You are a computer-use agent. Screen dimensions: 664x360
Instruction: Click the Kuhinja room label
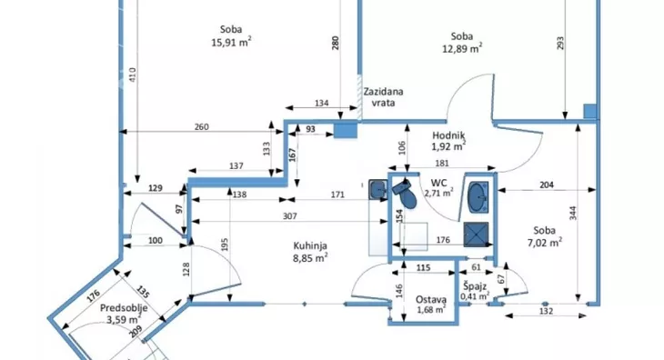tap(310, 245)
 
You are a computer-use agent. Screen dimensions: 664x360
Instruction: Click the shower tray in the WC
tap(476, 235)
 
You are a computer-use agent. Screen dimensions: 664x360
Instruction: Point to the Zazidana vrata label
tap(383, 97)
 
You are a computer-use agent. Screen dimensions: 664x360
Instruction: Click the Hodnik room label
tap(448, 135)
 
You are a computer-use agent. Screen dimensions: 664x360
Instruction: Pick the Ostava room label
tap(430, 299)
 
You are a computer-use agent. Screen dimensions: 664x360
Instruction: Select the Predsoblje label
tap(124, 307)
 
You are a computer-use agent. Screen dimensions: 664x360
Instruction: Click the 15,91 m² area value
tap(231, 43)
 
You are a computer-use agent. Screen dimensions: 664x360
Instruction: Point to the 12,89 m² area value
tap(462, 49)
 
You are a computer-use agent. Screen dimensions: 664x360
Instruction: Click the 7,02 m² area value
tap(545, 243)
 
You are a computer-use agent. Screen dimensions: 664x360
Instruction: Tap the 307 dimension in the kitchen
tap(289, 216)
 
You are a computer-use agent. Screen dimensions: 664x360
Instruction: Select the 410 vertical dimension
tap(133, 75)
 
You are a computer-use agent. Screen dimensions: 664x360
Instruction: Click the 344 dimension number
tap(572, 213)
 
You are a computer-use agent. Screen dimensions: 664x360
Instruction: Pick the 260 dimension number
tap(201, 127)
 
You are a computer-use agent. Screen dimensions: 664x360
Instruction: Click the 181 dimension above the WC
tap(442, 163)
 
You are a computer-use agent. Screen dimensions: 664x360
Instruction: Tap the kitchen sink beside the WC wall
tap(377, 189)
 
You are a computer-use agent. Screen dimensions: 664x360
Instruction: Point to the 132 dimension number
tap(547, 311)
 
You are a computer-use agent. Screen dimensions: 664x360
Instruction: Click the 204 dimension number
tap(547, 185)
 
